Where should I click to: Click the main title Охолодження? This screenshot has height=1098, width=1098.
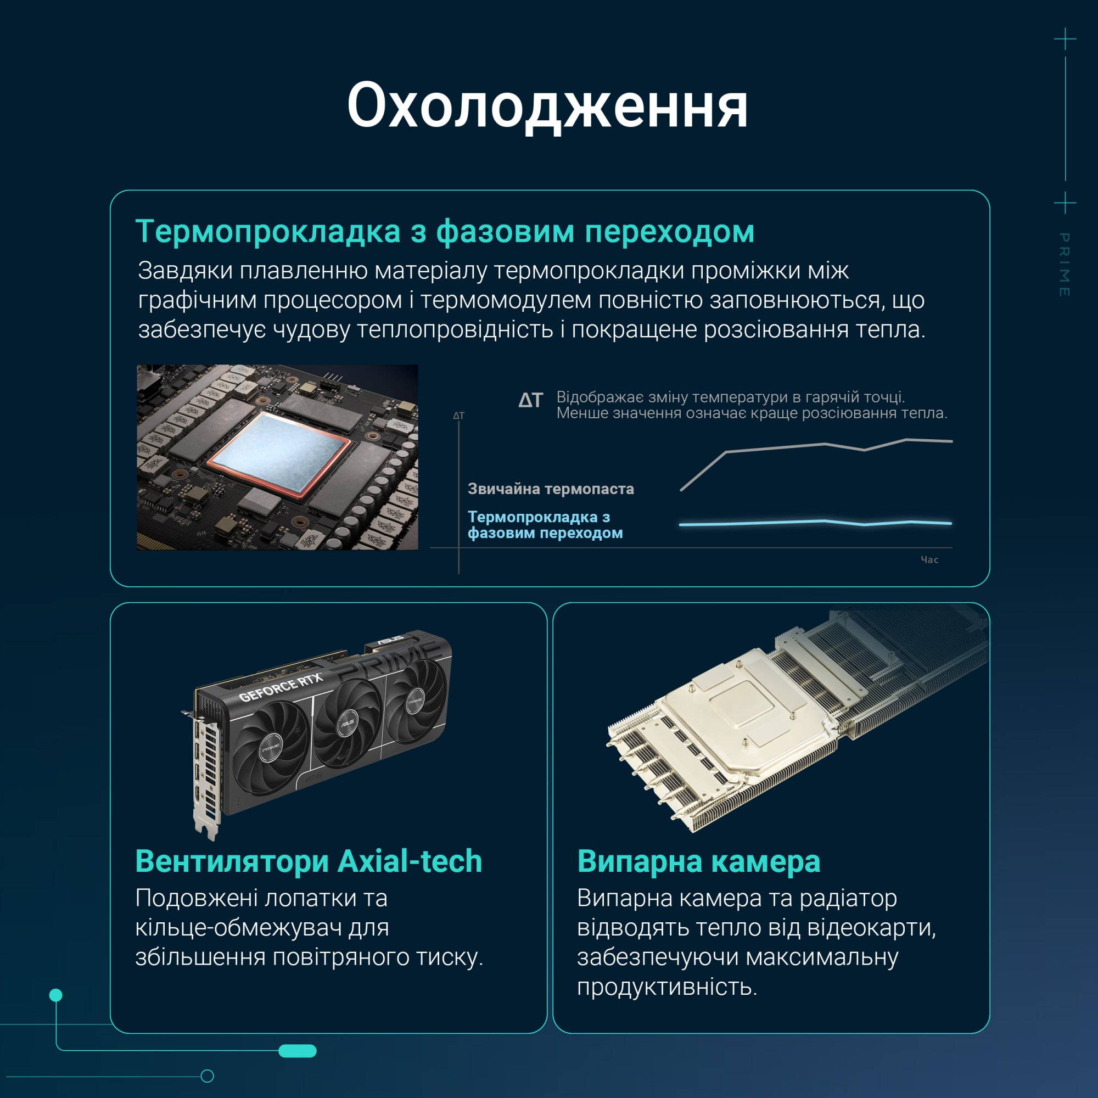point(547,107)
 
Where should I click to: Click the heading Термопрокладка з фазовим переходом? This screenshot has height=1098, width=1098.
point(445,231)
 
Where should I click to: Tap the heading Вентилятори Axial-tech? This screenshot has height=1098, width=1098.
point(309,861)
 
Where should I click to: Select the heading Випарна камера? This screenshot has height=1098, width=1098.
point(698,861)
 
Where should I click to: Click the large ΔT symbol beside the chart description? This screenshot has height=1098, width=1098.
point(531,400)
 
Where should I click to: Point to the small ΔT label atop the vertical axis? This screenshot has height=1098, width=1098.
point(458,416)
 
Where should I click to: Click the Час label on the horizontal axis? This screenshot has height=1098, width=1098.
point(929,560)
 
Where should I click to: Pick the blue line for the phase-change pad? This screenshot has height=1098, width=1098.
point(816,523)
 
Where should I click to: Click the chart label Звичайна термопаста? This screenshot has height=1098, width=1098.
point(551,489)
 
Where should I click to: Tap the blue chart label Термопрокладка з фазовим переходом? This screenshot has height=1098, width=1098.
point(545,524)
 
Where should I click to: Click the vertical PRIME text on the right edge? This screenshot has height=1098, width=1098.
point(1065,264)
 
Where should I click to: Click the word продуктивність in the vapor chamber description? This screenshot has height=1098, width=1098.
point(667,988)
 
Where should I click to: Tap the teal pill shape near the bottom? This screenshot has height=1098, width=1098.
point(297,1051)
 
